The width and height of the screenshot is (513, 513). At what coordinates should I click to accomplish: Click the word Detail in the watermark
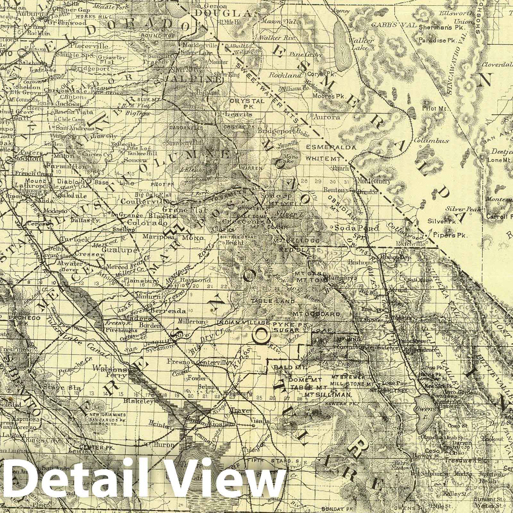click(x=72, y=483)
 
